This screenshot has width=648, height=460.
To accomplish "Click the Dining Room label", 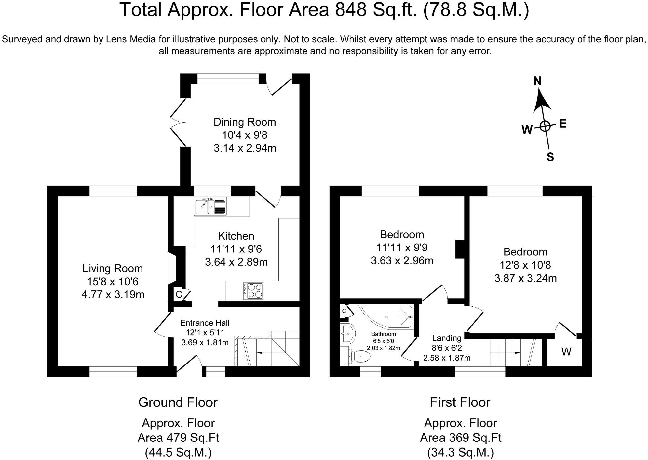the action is click(x=245, y=122).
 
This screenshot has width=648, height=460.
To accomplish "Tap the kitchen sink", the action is click(x=210, y=207).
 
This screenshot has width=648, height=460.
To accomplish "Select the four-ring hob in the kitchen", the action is click(x=253, y=291).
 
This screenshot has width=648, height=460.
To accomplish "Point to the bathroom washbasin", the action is click(x=347, y=334).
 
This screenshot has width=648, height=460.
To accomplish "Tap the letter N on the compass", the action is click(x=537, y=81).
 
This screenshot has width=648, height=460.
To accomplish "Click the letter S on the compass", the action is click(x=550, y=157).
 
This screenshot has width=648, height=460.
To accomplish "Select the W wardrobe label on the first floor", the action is click(x=566, y=352).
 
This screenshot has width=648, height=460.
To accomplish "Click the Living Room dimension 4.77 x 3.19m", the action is click(x=113, y=294).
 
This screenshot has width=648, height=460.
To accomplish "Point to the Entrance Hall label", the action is click(x=205, y=323).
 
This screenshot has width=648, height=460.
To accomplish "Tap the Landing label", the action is click(x=447, y=338).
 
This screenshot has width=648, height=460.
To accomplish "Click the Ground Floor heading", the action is click(x=178, y=402).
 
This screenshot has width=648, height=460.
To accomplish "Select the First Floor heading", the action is click(x=460, y=402).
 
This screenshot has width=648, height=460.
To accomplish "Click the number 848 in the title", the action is click(x=351, y=10).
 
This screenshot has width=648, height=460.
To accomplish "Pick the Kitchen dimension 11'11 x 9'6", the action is click(x=236, y=249).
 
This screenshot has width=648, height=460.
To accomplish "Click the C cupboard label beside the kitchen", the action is click(x=179, y=294).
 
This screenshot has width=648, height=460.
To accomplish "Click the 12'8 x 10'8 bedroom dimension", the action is click(x=525, y=265).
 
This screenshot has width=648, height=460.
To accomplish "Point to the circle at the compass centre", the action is click(x=545, y=126).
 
